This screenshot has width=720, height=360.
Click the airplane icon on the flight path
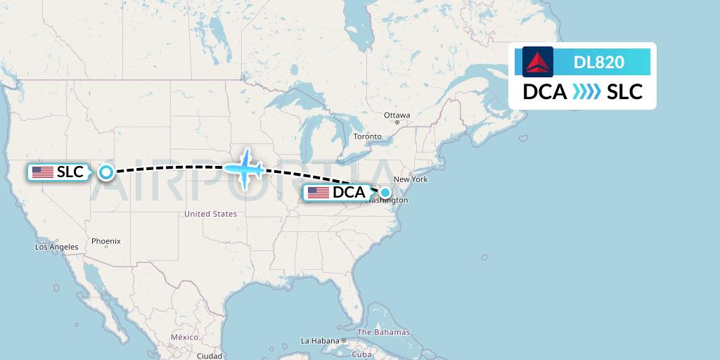[244, 169]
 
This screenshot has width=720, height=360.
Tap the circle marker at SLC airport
[105, 172]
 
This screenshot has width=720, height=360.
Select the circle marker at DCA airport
[385, 193]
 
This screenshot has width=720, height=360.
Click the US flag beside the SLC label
[43, 172]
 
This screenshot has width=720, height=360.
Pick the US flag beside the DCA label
[319, 193]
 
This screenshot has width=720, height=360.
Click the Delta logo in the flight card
[538, 62]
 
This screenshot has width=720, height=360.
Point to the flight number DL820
[599, 62]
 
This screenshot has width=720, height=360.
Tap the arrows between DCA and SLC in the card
[586, 92]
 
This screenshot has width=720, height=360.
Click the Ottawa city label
[397, 115]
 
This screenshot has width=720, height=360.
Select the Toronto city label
[367, 136]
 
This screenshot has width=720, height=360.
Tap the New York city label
[415, 179]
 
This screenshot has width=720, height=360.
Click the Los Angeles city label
[57, 247]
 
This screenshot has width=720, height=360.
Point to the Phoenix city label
[106, 241]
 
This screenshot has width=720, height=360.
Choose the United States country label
[210, 214]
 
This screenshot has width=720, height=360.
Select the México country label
[184, 337]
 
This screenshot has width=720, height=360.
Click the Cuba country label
[361, 354]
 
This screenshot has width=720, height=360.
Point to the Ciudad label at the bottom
[210, 356]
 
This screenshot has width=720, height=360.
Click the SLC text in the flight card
[625, 92]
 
